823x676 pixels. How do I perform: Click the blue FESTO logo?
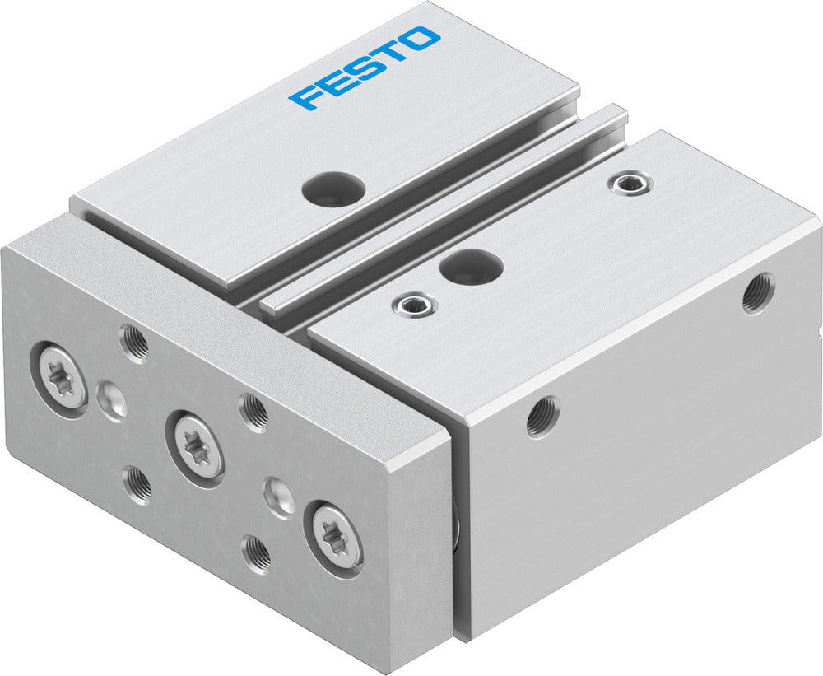[365, 68]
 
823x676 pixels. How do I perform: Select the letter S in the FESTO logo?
[364, 68]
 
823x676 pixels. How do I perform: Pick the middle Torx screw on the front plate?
[195, 445]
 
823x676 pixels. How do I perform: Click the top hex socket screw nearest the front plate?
[415, 305]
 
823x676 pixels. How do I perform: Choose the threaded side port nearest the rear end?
[757, 293]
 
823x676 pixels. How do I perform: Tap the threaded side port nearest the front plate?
[543, 416]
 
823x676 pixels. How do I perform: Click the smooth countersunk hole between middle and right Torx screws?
[279, 497]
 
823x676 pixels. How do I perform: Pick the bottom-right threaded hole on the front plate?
[258, 553]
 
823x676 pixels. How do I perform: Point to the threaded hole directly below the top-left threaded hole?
[137, 484]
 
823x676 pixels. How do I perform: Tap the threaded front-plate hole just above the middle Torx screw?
[253, 411]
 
